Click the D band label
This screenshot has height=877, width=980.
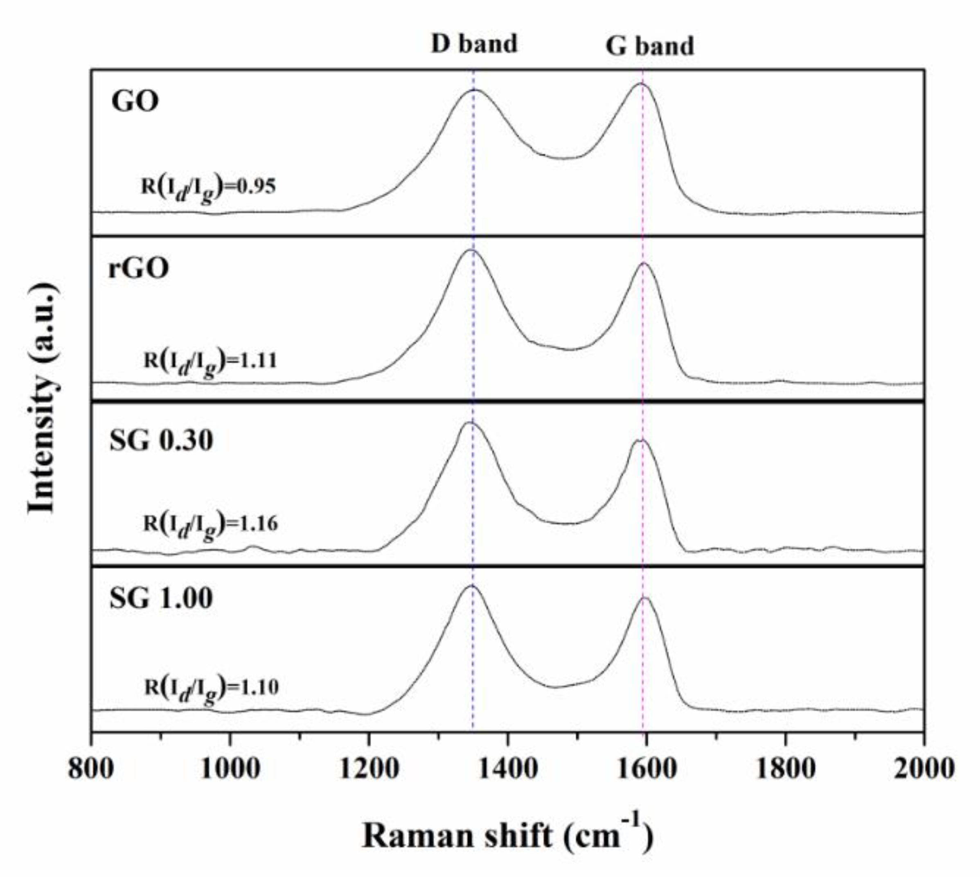click(x=474, y=44)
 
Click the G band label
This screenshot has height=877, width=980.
click(x=649, y=47)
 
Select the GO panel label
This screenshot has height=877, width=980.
click(x=135, y=102)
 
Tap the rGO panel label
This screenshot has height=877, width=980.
click(x=139, y=268)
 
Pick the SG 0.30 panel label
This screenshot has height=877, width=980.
click(x=161, y=441)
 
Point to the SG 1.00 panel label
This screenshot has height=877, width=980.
click(x=161, y=598)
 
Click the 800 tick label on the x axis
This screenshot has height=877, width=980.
click(x=91, y=768)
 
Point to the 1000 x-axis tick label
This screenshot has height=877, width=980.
click(x=230, y=768)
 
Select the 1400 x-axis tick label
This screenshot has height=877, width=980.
click(x=507, y=768)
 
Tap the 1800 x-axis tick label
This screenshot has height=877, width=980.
click(x=785, y=768)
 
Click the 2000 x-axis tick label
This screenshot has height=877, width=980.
click(x=924, y=768)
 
